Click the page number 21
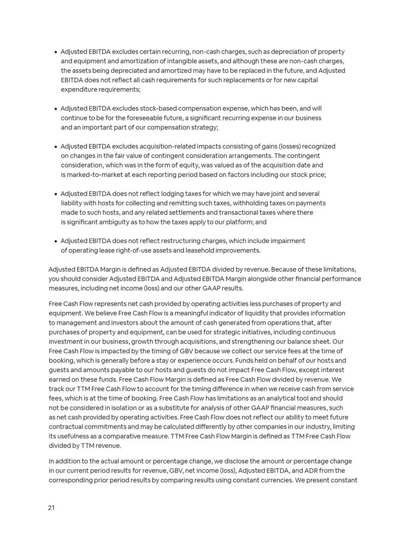[x=52, y=507]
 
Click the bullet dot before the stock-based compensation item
[x=55, y=109]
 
